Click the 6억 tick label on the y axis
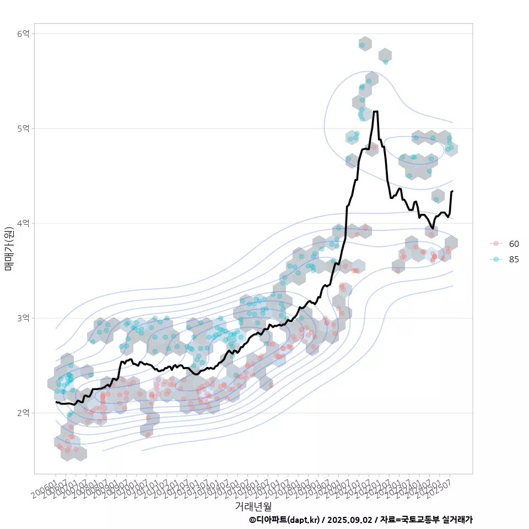tap(23, 34)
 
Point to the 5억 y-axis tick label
tap(23, 128)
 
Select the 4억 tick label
tap(23, 223)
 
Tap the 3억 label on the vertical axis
tap(23, 318)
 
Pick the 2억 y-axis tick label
tap(23, 413)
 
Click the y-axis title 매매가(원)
tap(9, 248)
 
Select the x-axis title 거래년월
tap(253, 506)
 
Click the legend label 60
tap(514, 244)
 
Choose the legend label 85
tap(514, 260)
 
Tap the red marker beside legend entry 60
tap(496, 244)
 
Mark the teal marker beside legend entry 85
tap(496, 260)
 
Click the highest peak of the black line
tap(375, 111)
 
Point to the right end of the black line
tap(452, 191)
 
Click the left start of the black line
tap(56, 402)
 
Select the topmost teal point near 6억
tap(362, 45)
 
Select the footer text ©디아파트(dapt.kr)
tap(284, 520)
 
